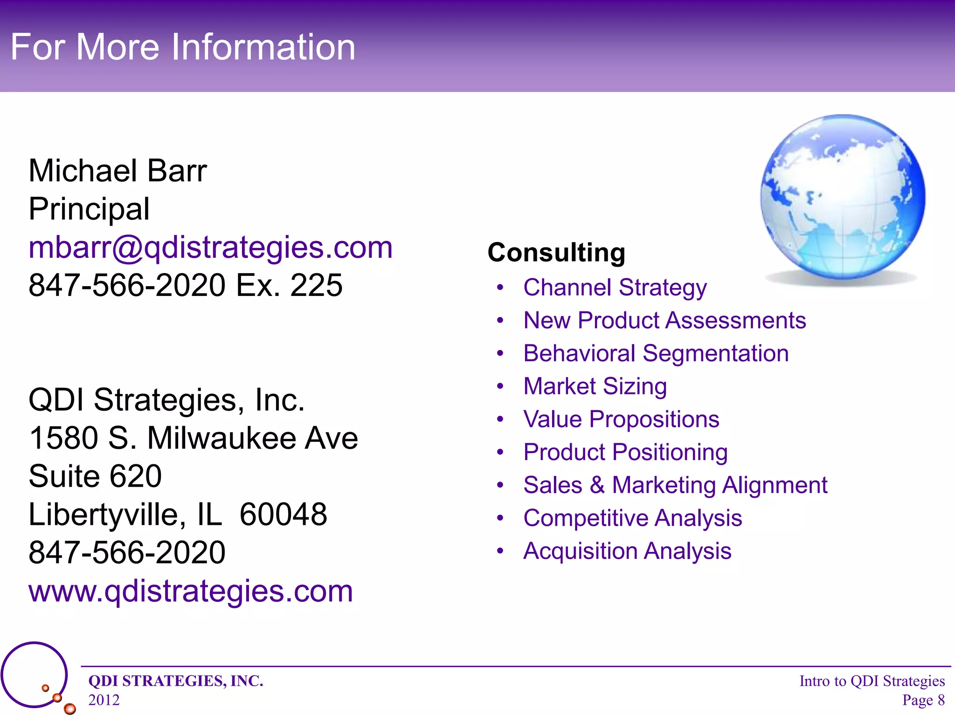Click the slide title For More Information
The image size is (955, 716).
[183, 47]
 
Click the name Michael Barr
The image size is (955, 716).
[118, 171]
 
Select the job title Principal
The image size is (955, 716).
[89, 209]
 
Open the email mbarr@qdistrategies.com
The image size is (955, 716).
[210, 247]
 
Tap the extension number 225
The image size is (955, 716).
[316, 285]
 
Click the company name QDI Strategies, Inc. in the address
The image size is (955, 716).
[166, 400]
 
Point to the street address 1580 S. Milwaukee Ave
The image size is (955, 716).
[193, 438]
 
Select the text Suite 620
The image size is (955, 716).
[95, 476]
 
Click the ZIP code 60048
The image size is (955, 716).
[283, 515]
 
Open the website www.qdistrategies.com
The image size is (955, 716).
[191, 591]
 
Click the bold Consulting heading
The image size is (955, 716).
[556, 253]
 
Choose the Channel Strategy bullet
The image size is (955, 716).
[615, 287]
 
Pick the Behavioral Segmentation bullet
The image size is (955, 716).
[656, 353]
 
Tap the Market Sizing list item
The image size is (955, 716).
[595, 386]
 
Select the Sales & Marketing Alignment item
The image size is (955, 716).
[675, 485]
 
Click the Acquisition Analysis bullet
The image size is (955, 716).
[627, 551]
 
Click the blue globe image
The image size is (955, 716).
[843, 198]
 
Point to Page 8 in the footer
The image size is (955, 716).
[923, 700]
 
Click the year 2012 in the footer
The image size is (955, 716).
[104, 700]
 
